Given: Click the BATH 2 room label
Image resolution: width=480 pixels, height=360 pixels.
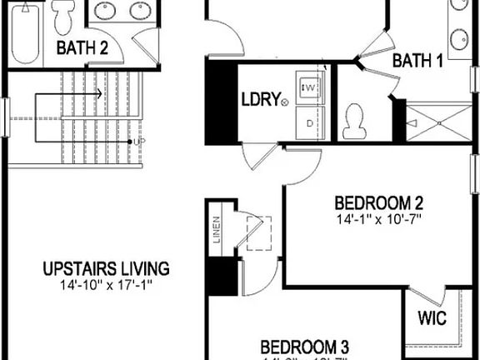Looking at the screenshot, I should point(82,48).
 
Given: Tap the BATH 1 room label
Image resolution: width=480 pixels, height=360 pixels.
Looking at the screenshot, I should point(417,61).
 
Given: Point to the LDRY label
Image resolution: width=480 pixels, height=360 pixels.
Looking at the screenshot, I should point(260,99).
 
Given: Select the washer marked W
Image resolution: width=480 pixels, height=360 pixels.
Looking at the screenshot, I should point(311,87).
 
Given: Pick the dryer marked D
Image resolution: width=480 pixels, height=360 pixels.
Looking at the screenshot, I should point(311,122).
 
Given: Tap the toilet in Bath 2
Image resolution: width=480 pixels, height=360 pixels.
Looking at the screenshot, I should point(64,15).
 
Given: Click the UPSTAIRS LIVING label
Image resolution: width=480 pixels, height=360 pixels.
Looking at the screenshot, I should point(106,269).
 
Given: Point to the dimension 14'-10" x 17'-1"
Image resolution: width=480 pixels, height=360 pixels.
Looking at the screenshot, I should point(106,285).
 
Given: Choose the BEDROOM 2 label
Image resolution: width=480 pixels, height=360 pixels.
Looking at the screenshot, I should point(379,202).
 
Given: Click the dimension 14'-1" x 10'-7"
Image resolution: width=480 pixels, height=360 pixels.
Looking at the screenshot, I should point(379,218).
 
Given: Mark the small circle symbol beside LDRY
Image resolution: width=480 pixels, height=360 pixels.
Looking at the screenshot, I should point(286,102).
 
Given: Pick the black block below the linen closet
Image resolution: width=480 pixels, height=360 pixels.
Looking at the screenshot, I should point(221,277).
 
